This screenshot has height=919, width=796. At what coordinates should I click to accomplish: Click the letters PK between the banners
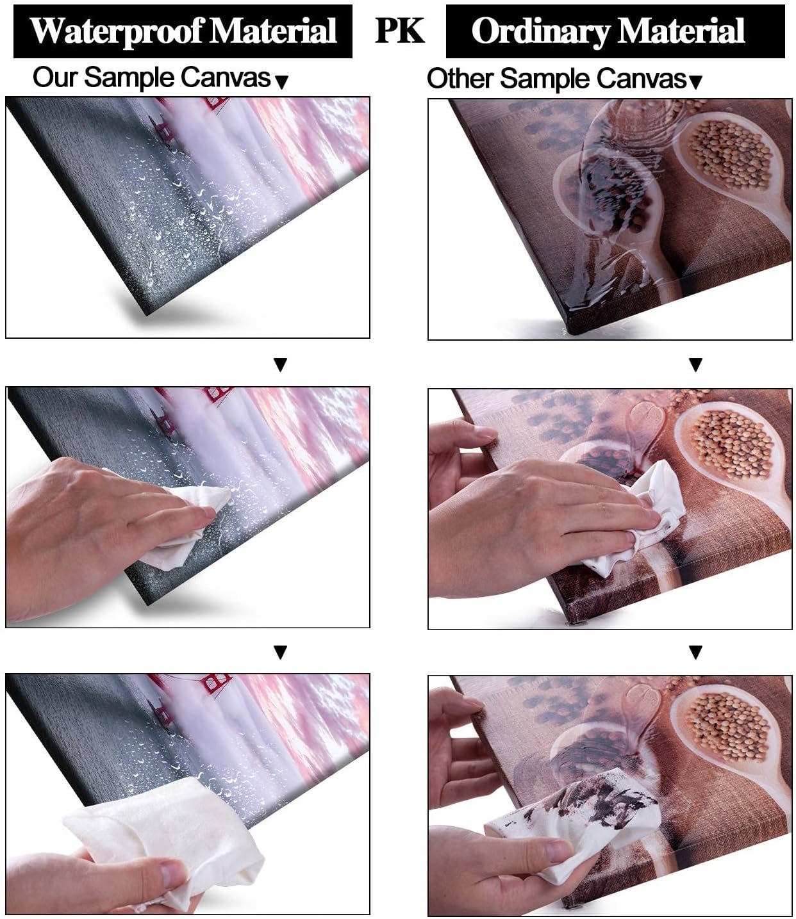coord(399,31)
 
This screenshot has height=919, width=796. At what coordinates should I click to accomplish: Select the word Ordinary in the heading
coord(540,32)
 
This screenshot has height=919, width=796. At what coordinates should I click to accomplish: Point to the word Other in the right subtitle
coord(461,79)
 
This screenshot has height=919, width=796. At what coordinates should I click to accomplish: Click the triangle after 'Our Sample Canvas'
coord(281,82)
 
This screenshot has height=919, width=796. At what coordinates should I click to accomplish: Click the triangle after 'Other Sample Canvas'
coord(695,82)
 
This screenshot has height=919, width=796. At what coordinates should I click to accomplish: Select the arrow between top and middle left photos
coord(280,364)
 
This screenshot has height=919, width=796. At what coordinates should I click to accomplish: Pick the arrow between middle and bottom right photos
coord(695,652)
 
